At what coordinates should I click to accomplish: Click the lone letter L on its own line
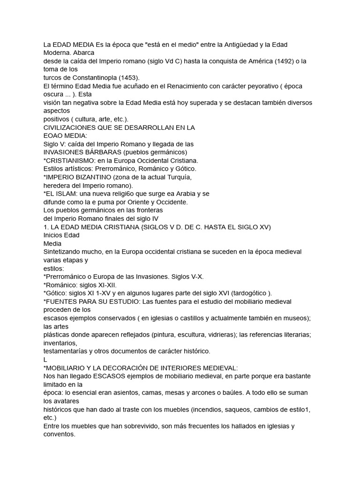45,360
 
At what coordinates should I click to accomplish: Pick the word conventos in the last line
59,435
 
